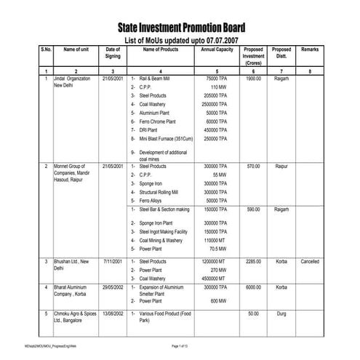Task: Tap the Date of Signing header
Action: (x=113, y=53)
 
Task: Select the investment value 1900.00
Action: (x=253, y=78)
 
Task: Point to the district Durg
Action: (x=281, y=313)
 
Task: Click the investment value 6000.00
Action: (x=253, y=287)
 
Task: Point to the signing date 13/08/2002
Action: (x=113, y=313)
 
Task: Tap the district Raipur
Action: (x=281, y=166)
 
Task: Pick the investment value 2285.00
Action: (x=253, y=261)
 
